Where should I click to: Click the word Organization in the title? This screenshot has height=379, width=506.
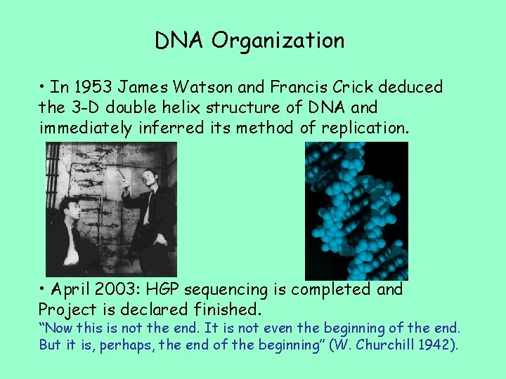pyautogui.click(x=278, y=41)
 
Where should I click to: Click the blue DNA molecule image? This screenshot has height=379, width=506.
pyautogui.click(x=356, y=211)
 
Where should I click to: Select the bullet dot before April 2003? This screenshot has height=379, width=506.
pyautogui.click(x=44, y=289)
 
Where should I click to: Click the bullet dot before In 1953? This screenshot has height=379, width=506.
pyautogui.click(x=44, y=87)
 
